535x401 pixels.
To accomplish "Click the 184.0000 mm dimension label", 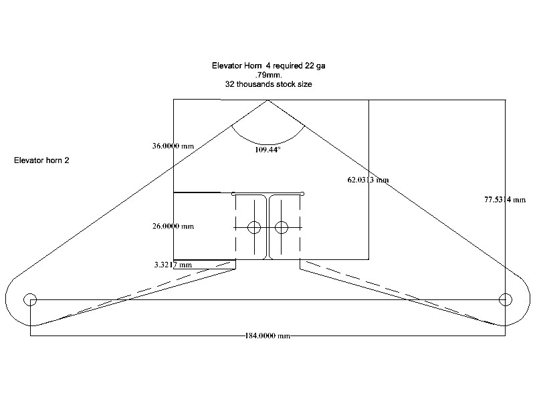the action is point(267,336).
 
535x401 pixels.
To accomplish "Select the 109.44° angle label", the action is point(268,149).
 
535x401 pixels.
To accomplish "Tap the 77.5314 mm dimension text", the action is point(505,199).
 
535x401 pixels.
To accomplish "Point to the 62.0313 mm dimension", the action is point(368,180).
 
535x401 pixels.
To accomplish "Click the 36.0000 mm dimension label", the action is point(173,146).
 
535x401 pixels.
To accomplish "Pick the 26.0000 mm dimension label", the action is point(173,226).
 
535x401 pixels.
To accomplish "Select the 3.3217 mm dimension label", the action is point(173,265).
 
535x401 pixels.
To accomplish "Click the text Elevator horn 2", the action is point(41,160).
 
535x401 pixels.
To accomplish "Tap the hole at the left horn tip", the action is point(30,299).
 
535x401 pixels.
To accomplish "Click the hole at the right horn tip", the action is point(506,299).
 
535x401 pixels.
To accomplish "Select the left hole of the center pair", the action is point(254,227).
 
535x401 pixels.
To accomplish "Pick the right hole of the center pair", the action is point(281,227).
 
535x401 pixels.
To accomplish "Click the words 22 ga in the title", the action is point(315,65).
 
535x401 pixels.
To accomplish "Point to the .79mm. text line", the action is point(268,75).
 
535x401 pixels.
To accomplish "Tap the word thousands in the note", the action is point(255,84).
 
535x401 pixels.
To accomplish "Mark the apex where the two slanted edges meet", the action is point(268,100).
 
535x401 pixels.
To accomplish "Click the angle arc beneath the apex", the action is point(268,144).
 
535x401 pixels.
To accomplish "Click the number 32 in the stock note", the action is point(229,84).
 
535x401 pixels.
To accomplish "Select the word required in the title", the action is point(287,65).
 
